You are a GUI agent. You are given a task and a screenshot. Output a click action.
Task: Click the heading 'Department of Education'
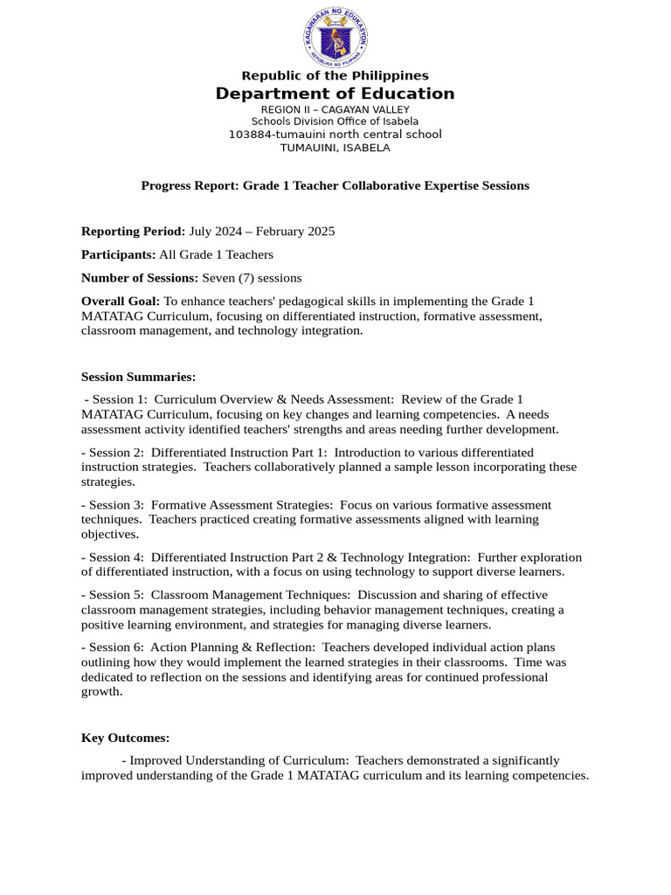point(335,94)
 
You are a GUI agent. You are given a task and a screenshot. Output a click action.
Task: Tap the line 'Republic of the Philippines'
point(335,76)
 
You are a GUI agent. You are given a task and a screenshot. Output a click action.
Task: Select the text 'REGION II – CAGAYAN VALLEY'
point(335,109)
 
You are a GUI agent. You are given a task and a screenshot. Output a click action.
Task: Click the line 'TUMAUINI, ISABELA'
point(335,148)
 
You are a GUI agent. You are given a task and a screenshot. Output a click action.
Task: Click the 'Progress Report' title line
point(335,185)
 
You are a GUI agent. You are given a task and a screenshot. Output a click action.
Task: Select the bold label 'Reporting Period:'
point(133,232)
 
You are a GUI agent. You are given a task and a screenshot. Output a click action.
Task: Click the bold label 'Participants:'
point(118,254)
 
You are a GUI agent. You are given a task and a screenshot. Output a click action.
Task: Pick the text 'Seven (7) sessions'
point(252,278)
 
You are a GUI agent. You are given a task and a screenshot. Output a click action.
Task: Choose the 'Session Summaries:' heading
point(138,377)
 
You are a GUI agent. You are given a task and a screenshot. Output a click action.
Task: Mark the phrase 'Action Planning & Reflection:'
point(231,648)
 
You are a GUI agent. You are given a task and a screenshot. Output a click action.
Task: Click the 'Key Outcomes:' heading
point(125,738)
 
